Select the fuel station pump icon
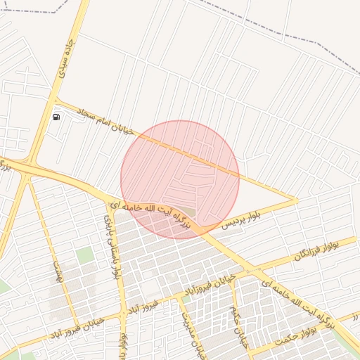click(56, 116)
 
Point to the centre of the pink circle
click(180, 179)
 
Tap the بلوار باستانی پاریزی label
click(112, 245)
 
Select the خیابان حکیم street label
click(238, 325)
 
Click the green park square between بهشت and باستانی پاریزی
click(85, 255)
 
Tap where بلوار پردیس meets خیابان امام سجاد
click(297, 200)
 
